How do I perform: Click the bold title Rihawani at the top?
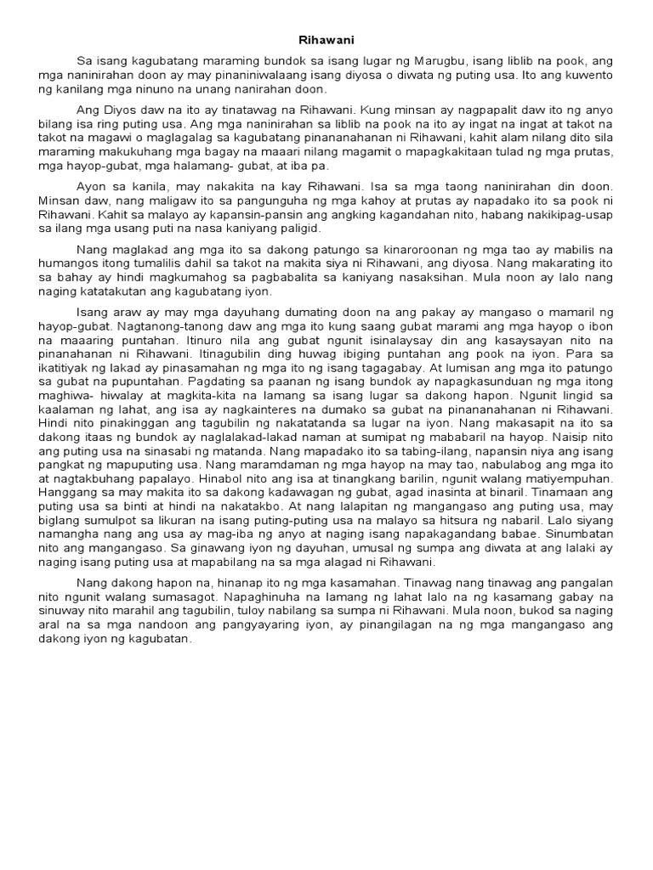[326, 39]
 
